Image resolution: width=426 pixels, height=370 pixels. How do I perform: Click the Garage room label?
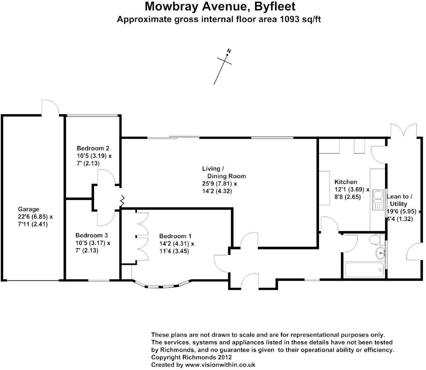[28, 209]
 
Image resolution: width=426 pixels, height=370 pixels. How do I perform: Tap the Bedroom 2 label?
[93, 148]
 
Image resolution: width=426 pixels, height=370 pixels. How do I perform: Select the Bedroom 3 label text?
[92, 235]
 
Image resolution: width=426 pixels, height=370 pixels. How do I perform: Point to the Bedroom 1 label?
[175, 236]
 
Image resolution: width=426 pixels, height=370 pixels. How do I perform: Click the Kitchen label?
[346, 182]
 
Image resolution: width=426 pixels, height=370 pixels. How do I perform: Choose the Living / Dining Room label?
[224, 172]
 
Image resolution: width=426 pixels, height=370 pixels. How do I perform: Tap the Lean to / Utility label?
[399, 200]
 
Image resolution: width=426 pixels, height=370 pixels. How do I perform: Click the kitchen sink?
[377, 200]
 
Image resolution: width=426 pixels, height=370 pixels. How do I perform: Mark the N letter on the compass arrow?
[229, 51]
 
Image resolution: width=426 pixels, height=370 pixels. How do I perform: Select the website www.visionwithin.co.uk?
[220, 365]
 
